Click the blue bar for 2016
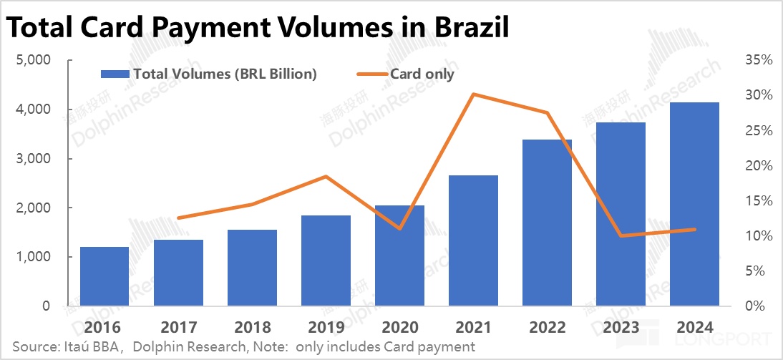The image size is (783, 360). (104, 276)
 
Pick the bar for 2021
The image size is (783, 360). (473, 240)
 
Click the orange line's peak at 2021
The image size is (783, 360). (473, 94)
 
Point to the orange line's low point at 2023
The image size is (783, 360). (621, 235)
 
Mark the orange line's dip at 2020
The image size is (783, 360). (399, 228)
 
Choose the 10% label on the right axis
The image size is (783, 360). (757, 236)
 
